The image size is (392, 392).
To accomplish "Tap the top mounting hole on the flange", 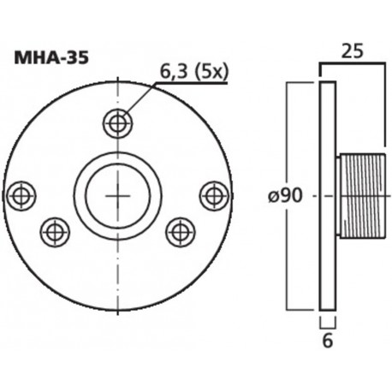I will coord(117,123).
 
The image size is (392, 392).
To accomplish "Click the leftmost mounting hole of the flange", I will coord(21,195).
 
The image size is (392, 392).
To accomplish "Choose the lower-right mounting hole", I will coord(180,231).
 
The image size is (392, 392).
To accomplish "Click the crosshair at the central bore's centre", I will coord(117,195).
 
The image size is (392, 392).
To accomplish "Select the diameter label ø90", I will coord(286,196).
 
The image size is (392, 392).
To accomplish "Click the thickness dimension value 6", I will coord(326,342).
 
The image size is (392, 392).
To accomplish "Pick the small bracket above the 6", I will coord(326,320).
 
